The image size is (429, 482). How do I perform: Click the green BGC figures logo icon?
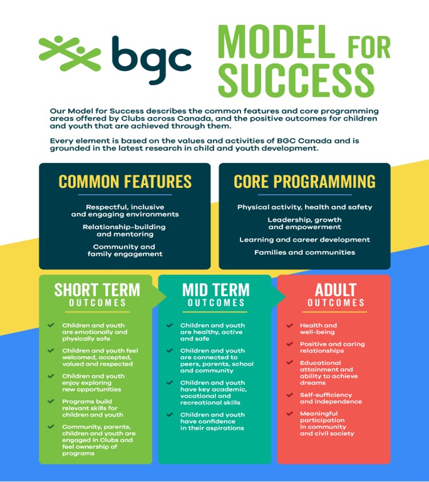click(70, 53)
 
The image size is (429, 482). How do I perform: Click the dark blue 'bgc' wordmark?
click(151, 60)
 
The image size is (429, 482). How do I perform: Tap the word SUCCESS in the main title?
click(297, 81)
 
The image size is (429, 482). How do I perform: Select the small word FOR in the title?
click(369, 47)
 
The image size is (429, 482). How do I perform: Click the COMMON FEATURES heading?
click(125, 182)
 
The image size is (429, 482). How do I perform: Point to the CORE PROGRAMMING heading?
click(304, 182)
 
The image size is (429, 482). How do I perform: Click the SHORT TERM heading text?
click(97, 290)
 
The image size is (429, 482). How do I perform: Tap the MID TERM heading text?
click(215, 290)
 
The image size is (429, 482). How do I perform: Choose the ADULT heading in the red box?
click(335, 290)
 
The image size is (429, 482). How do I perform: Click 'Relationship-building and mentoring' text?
click(124, 231)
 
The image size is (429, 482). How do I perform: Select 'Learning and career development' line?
click(305, 240)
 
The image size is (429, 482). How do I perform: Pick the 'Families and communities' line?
click(305, 252)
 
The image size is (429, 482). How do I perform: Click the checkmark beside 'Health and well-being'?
click(290, 325)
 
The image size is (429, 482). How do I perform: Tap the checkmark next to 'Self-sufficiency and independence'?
click(290, 395)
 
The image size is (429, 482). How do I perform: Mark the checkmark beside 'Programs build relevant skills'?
click(51, 401)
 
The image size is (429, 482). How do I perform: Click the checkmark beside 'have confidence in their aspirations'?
click(170, 415)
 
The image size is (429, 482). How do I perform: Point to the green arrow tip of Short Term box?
click(166, 297)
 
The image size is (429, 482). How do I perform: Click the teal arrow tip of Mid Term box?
click(286, 297)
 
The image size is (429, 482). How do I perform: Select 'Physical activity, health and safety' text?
click(305, 207)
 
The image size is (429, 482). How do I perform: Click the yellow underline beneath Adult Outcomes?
click(335, 312)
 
